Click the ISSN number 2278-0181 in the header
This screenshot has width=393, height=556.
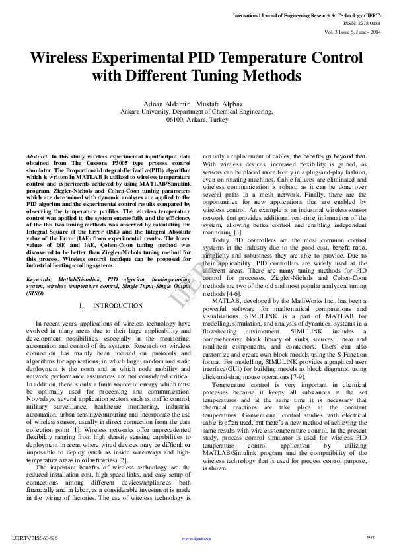[368, 22]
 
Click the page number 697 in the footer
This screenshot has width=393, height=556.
[370, 538]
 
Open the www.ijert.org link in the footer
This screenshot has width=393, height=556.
[196, 538]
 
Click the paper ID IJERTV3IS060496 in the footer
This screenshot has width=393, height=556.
[35, 538]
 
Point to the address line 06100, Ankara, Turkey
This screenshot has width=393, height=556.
[197, 120]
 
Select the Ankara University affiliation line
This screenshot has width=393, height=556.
[197, 113]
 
